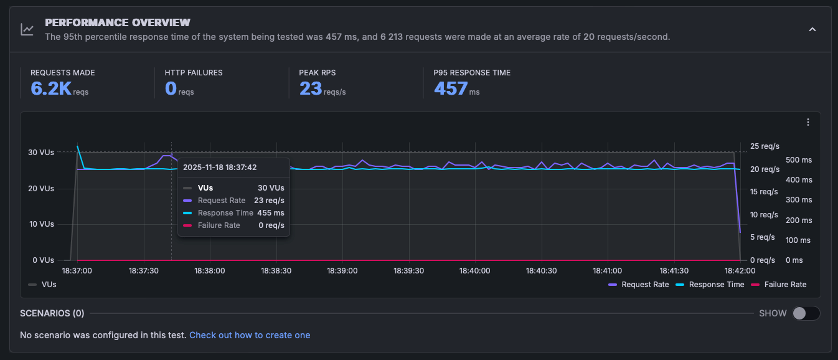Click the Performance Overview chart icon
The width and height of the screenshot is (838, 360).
pyautogui.click(x=27, y=29)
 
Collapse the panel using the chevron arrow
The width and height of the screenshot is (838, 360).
pyautogui.click(x=812, y=29)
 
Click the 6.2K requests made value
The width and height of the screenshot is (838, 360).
pyautogui.click(x=52, y=88)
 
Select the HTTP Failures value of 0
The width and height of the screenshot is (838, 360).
pyautogui.click(x=171, y=88)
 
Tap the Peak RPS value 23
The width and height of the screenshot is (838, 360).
pyautogui.click(x=310, y=88)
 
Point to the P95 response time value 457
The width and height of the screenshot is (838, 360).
pyautogui.click(x=451, y=88)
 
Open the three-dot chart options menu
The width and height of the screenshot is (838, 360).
pyautogui.click(x=807, y=122)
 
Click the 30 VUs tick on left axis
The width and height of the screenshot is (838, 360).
pyautogui.click(x=42, y=153)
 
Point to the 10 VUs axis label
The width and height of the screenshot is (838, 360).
pyautogui.click(x=42, y=224)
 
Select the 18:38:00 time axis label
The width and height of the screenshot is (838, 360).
pyautogui.click(x=210, y=271)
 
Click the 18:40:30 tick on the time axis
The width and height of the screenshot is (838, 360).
pyautogui.click(x=541, y=271)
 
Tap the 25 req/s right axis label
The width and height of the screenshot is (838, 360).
pyautogui.click(x=765, y=146)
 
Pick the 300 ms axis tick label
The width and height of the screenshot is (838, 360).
pyautogui.click(x=799, y=200)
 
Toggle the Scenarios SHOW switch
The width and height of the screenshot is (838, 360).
pyautogui.click(x=806, y=313)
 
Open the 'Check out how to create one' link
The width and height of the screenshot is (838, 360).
pyautogui.click(x=250, y=335)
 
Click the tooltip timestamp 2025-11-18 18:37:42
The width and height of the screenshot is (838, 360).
pyautogui.click(x=220, y=167)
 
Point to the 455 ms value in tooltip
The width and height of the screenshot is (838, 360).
pyautogui.click(x=270, y=213)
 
